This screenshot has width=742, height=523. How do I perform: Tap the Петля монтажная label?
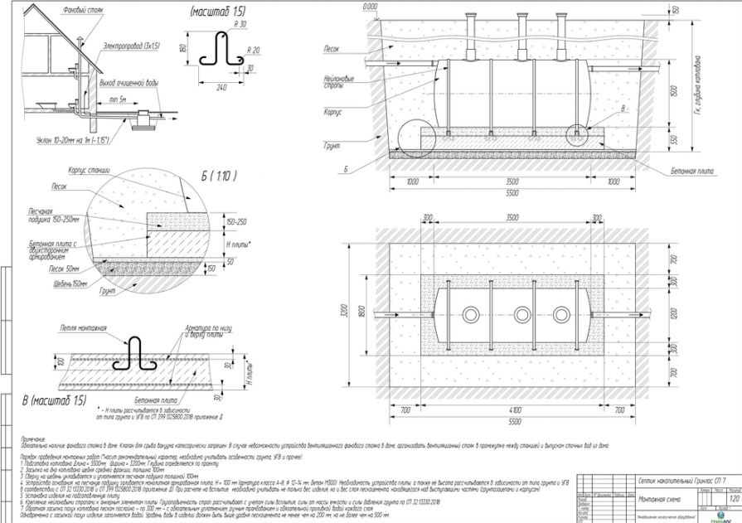(x=84, y=328)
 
